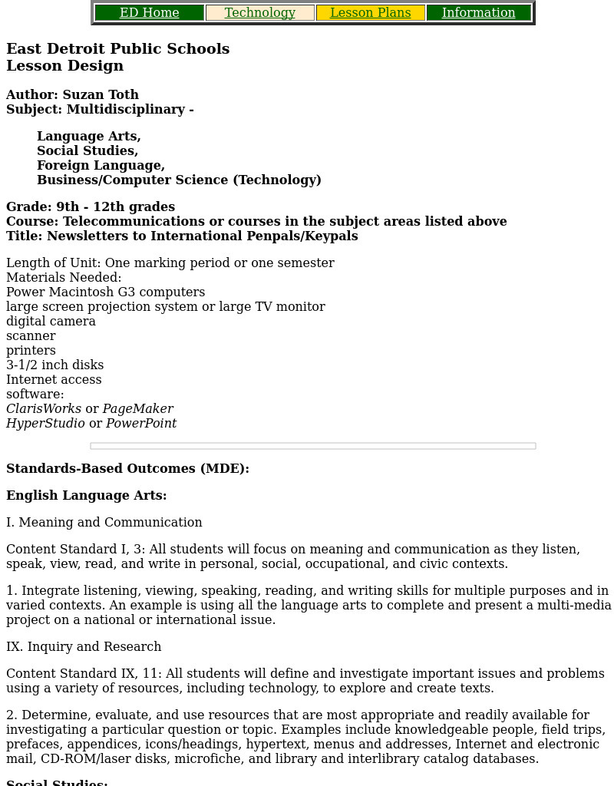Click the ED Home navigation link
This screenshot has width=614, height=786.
[x=150, y=13]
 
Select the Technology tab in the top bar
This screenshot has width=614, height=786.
[x=260, y=13]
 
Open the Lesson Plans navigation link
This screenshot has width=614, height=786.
[x=371, y=13]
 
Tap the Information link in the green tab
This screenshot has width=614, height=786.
[x=479, y=13]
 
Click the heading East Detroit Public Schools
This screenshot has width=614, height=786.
[x=118, y=49]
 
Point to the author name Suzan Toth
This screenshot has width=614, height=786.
[x=101, y=95]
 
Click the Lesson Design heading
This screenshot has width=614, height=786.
[x=65, y=66]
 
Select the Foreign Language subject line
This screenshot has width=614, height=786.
[x=101, y=166]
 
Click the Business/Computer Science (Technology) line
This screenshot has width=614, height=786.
[x=179, y=180]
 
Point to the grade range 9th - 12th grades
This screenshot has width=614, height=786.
[x=115, y=207]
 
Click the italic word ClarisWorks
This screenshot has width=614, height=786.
[x=44, y=409]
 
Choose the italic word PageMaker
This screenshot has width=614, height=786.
[x=138, y=409]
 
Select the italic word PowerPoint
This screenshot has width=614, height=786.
[x=141, y=424]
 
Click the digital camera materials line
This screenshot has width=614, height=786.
[x=51, y=322]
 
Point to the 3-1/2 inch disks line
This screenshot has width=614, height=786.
[x=54, y=365]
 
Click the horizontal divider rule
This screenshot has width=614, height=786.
[x=313, y=446]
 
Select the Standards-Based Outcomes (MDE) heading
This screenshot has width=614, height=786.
[x=127, y=469]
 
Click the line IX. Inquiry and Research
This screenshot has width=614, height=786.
[x=84, y=647]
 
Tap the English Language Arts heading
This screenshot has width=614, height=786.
[x=87, y=496]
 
